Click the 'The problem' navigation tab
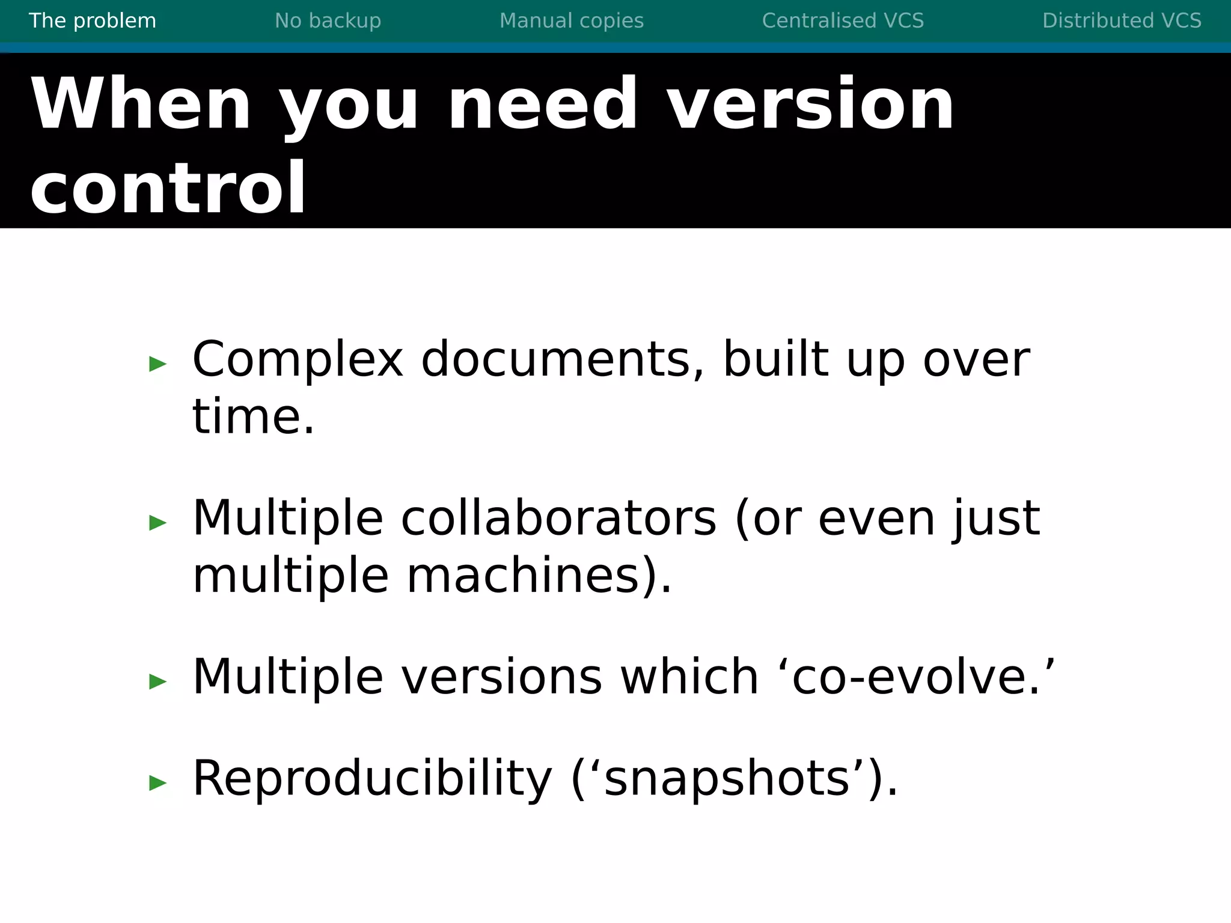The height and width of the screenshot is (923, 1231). [93, 21]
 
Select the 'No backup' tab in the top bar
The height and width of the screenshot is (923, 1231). [328, 21]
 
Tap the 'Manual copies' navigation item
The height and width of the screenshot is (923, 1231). [572, 21]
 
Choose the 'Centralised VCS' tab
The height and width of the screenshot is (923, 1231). [843, 21]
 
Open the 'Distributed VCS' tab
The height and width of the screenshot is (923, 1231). [1122, 21]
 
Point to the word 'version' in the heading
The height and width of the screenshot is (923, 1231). [810, 104]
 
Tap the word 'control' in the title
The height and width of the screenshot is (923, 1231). [168, 188]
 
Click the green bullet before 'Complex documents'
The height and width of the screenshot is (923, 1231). [157, 363]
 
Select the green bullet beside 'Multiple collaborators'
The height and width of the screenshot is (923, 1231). [157, 522]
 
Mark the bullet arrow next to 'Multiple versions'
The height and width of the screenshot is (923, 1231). [157, 681]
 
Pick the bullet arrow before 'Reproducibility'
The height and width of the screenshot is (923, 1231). [157, 782]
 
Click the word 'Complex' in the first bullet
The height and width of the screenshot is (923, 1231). [298, 359]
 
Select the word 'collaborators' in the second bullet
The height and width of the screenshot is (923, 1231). [558, 518]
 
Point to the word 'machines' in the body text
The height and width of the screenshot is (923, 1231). [523, 576]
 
